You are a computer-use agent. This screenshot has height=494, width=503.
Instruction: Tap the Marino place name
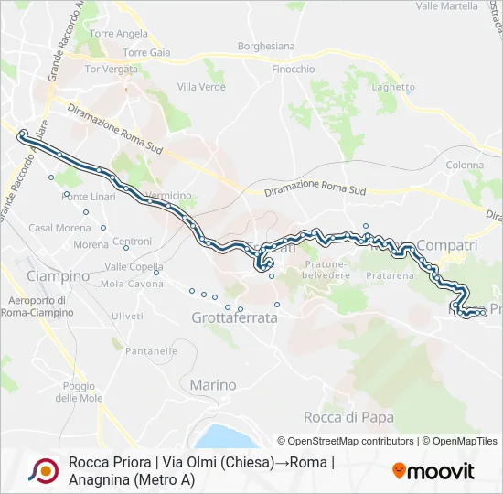point(213,385)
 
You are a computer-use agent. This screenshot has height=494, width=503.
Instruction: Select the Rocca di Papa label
point(348,417)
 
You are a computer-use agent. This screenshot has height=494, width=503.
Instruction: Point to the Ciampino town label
point(59,275)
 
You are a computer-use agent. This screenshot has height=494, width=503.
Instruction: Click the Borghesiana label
point(266,46)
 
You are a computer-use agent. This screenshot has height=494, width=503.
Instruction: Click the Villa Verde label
point(201,87)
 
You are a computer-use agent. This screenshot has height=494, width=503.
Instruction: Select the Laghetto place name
point(394,87)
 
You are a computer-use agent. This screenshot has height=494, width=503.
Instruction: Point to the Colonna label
point(465,166)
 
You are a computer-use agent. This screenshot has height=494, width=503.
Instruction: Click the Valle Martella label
point(446,5)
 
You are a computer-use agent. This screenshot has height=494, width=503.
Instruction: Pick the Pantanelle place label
point(152,351)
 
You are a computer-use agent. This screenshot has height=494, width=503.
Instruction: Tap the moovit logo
point(433,471)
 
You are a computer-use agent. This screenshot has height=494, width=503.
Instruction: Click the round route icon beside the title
point(42,470)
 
